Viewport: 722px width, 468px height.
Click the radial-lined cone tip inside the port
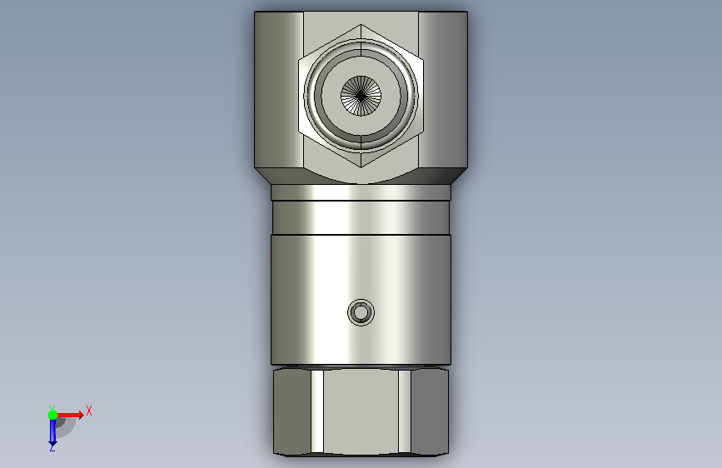(361, 96)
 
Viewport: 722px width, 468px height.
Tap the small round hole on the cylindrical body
(361, 313)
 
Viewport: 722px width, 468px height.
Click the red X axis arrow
(70, 415)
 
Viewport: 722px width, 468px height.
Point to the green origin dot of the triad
(52, 415)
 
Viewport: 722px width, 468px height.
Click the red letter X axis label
(89, 411)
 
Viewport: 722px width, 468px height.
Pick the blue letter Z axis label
(52, 447)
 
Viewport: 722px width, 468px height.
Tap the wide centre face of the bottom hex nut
(361, 412)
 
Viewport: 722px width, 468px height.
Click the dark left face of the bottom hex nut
(292, 411)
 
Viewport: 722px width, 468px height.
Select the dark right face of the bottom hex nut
(429, 411)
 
